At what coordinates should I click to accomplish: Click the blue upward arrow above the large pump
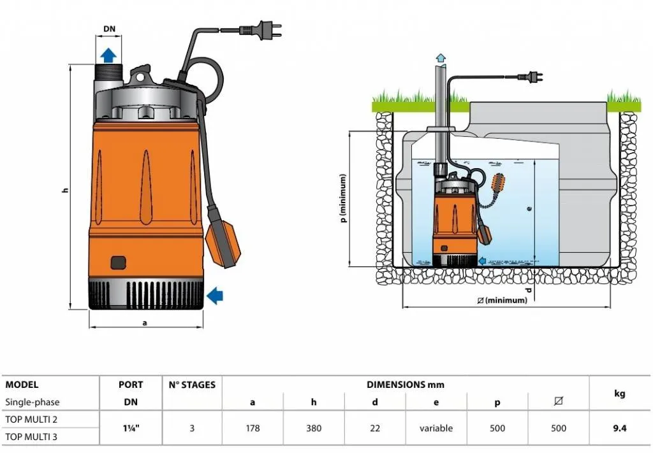click(x=110, y=53)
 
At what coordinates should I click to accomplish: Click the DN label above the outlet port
click(x=110, y=29)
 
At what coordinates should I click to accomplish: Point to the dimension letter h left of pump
click(x=65, y=191)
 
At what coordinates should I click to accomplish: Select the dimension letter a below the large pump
click(x=145, y=322)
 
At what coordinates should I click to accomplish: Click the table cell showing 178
click(x=253, y=428)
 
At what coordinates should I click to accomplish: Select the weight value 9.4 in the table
click(x=619, y=428)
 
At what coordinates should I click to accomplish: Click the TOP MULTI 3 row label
click(x=31, y=436)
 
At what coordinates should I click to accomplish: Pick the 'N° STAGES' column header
click(x=192, y=385)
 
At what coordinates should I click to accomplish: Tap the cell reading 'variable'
click(x=436, y=428)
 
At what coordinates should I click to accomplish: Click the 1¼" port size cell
click(x=131, y=428)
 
